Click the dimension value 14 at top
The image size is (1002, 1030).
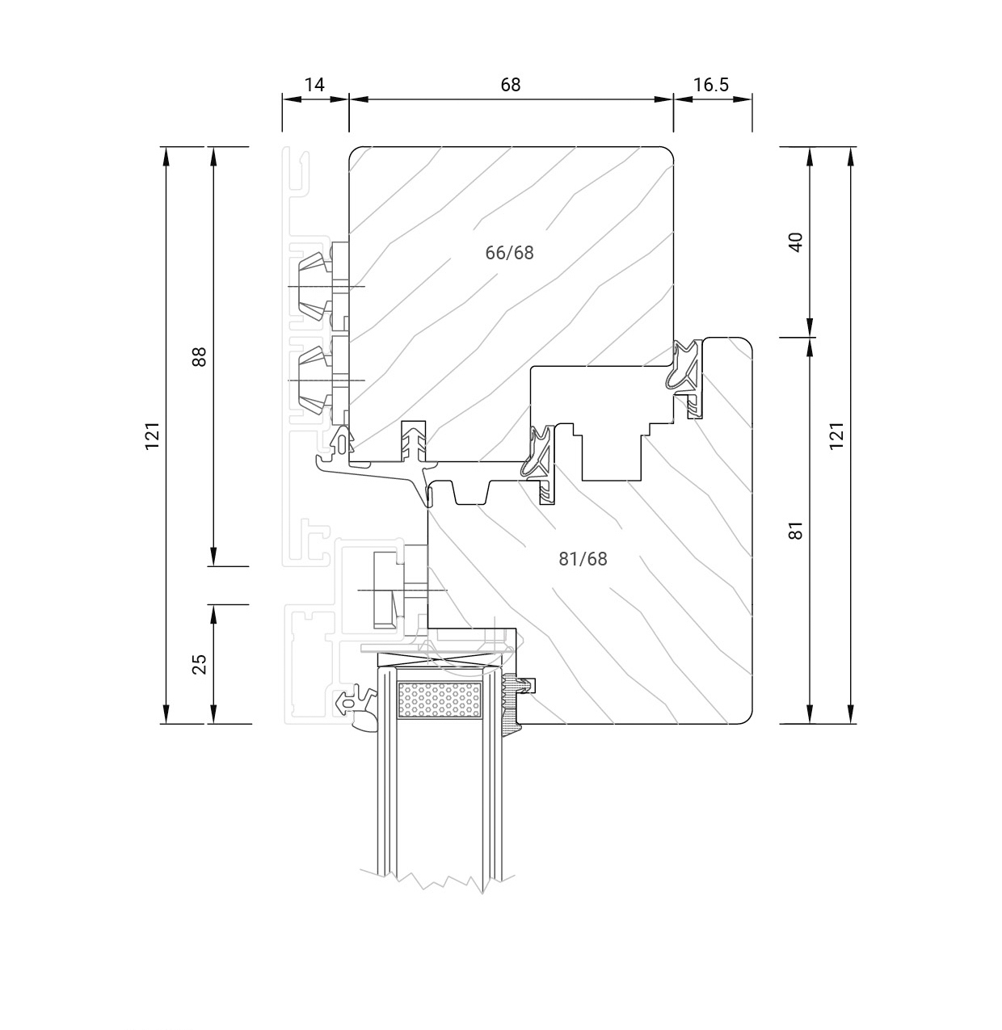point(314,85)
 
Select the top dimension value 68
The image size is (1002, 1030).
point(511,85)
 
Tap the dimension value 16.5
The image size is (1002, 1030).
point(711,85)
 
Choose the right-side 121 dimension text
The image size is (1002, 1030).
point(837,436)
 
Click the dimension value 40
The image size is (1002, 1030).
point(797,242)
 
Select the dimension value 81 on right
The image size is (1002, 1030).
point(797,531)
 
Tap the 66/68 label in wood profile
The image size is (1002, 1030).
point(509,253)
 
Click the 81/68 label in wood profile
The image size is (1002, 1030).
point(583,558)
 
